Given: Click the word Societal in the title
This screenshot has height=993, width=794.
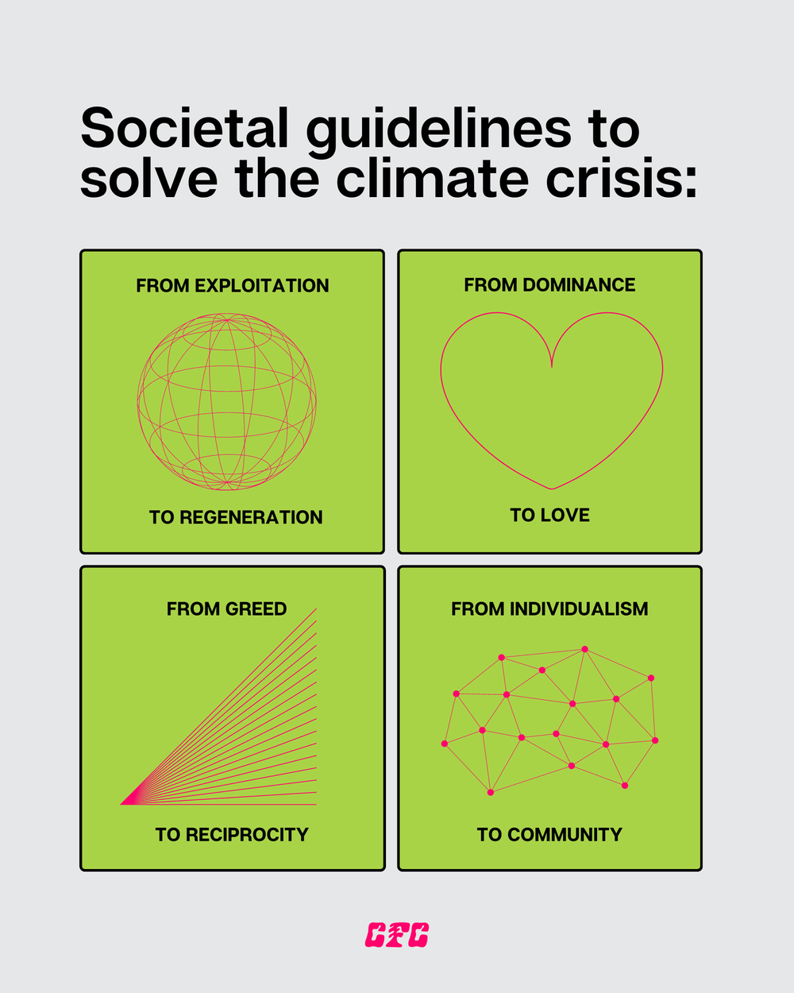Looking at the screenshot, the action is coord(184,129).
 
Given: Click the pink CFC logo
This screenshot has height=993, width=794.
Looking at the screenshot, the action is coord(397,935).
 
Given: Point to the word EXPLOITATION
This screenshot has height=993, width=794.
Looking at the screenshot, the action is coord(261,286).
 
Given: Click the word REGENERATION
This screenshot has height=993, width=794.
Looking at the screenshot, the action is coord(251,517).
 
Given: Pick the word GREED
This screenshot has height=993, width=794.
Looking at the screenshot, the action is coord(256,609).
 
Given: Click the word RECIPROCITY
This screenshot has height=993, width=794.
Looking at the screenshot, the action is coord(247,835).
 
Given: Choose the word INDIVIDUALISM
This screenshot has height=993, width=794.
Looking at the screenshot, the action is coord(579,609).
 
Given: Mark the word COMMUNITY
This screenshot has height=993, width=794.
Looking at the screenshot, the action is coord(565,835).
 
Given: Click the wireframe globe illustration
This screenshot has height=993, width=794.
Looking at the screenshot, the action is coord(227,401).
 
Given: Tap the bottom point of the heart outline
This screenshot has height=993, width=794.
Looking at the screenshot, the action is coord(552,488).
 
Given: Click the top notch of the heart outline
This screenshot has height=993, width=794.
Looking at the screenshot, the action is coord(552,365).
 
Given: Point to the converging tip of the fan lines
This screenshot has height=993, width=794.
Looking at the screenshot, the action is coord(122,804).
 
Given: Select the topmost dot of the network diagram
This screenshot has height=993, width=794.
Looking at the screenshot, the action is coord(585,649).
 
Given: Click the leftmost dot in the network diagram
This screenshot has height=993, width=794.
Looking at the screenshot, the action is coord(445,744).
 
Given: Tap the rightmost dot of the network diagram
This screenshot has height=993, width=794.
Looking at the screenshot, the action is coord(655,740).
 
